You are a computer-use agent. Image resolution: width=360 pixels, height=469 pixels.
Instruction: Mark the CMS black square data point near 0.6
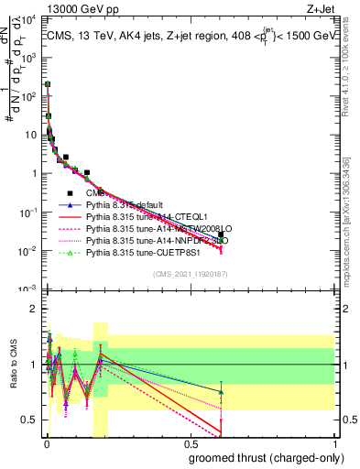(221, 234)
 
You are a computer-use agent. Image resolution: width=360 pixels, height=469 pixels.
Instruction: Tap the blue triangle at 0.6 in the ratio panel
(221, 392)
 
